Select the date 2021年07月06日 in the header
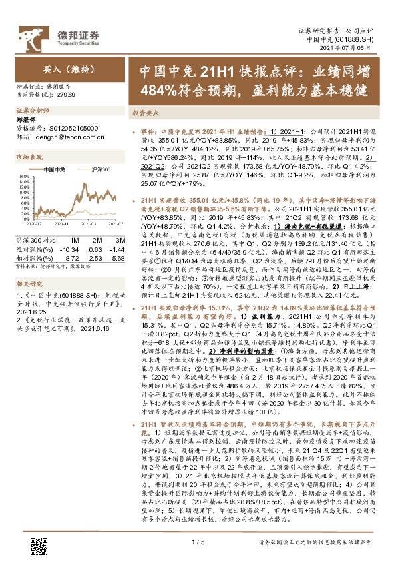tap(356, 49)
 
